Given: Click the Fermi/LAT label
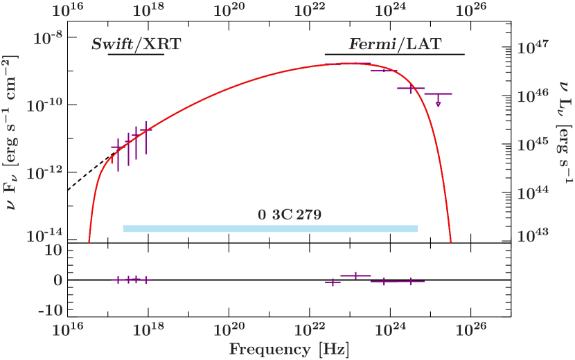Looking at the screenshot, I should [x=395, y=45].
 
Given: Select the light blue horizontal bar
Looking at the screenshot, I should [x=270, y=229].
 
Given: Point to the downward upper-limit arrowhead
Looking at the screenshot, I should [x=439, y=105].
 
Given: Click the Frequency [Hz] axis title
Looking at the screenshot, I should [x=289, y=350].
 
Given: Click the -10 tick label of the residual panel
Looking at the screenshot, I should [x=49, y=309].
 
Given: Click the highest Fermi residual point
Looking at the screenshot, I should [x=355, y=276].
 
